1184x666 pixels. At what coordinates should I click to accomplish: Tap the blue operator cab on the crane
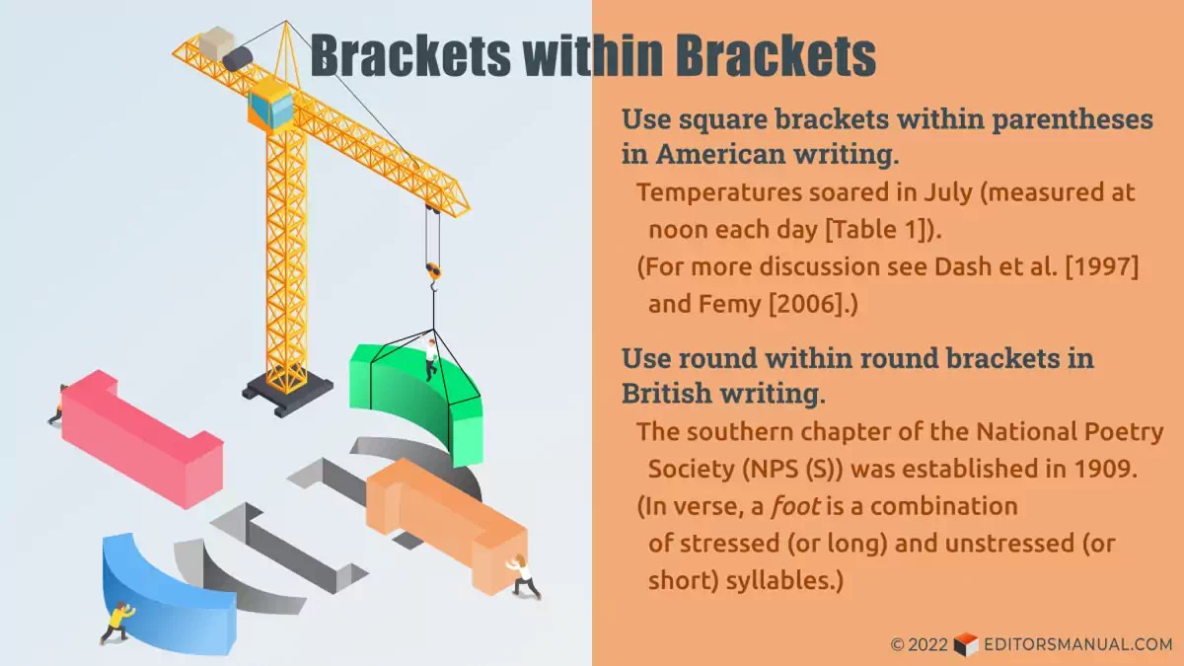(x=271, y=107)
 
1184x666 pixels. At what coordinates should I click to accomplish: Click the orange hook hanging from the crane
(x=433, y=269)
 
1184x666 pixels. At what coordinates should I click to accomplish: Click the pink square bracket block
(x=138, y=434)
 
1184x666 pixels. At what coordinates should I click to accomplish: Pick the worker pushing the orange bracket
(x=523, y=577)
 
